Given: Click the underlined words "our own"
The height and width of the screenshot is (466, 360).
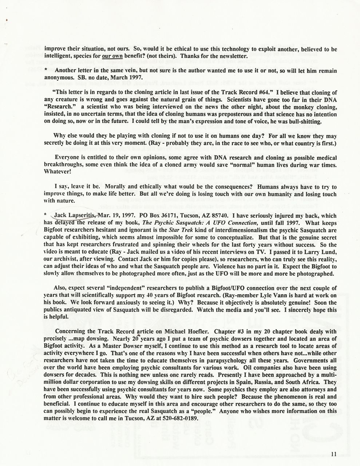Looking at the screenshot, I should [112, 56].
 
